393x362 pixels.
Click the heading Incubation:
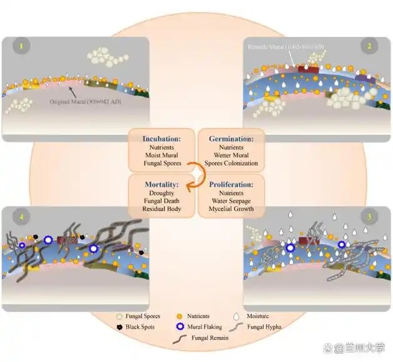pyautogui.click(x=161, y=138)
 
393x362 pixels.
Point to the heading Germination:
pyautogui.click(x=230, y=138)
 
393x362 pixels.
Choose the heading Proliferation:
pyautogui.click(x=232, y=185)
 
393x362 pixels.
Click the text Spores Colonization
pyautogui.click(x=231, y=163)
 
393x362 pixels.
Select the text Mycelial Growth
pyautogui.click(x=232, y=209)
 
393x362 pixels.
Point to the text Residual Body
pyautogui.click(x=161, y=209)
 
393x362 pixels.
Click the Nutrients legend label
pyautogui.click(x=198, y=317)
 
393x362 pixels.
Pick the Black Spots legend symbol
pyautogui.click(x=120, y=327)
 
